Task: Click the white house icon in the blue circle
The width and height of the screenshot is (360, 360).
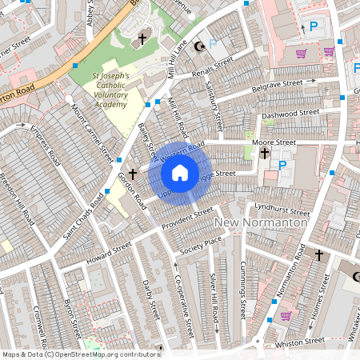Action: point(180,173)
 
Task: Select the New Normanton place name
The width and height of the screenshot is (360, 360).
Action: point(261,223)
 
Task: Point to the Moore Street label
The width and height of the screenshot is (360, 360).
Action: point(274,142)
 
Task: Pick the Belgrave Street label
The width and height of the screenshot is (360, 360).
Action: point(277,84)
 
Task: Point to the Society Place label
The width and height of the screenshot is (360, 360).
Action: point(200,242)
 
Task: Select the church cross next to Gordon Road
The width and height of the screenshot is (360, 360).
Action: point(133,173)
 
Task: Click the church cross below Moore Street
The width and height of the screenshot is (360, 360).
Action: point(264,160)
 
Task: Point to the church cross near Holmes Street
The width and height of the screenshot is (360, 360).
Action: point(318,254)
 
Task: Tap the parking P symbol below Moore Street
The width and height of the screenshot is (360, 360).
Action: point(282,166)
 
